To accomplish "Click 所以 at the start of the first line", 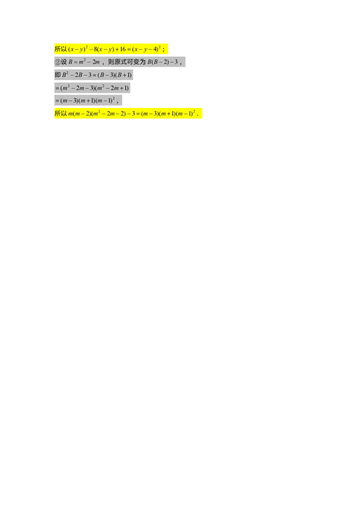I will (x=60, y=49).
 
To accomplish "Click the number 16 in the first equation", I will (x=123, y=49).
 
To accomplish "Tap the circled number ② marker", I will (x=57, y=62).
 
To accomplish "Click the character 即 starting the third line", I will (x=57, y=75).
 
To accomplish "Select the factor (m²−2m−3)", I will (x=77, y=88).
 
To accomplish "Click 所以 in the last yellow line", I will (x=60, y=114).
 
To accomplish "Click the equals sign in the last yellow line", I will (x=137, y=114).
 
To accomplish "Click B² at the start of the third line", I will (x=65, y=75).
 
